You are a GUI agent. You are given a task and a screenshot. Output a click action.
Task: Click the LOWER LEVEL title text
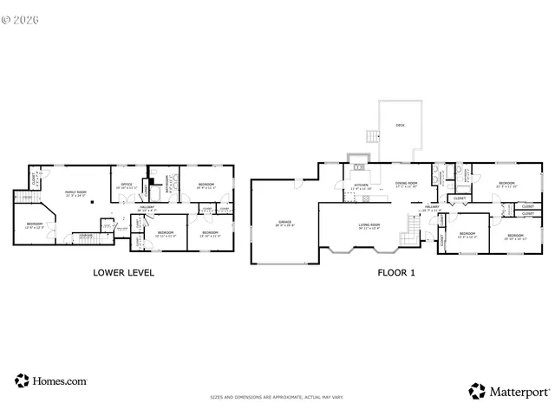coord(123,272)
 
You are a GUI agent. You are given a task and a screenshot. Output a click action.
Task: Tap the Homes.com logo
coord(51,380)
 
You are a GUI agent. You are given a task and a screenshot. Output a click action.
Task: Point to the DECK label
coord(400,126)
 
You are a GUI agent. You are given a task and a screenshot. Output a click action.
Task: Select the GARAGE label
coord(284,223)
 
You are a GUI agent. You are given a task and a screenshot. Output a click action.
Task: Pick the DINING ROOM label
coord(407,183)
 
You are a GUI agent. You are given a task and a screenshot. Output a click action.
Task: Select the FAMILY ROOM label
coord(76,192)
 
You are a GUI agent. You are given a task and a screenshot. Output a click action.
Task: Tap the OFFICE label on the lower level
coord(127,185)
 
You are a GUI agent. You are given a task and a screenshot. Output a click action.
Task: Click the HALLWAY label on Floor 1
coord(432,208)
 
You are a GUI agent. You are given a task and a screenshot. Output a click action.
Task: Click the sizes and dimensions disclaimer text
coord(277,397)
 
